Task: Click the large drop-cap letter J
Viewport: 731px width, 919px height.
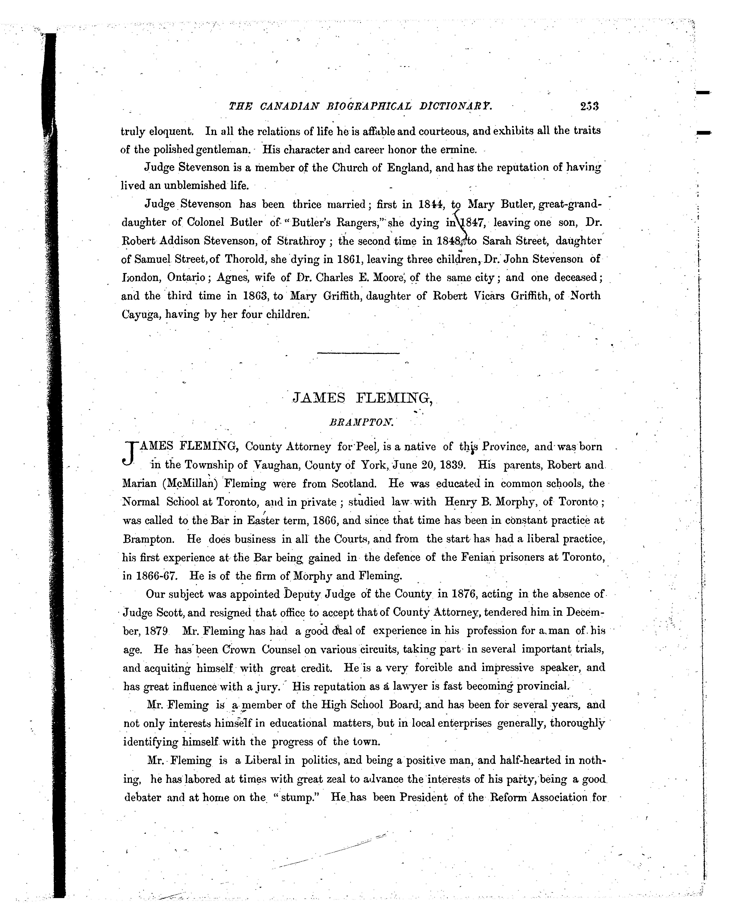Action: pyautogui.click(x=129, y=453)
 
